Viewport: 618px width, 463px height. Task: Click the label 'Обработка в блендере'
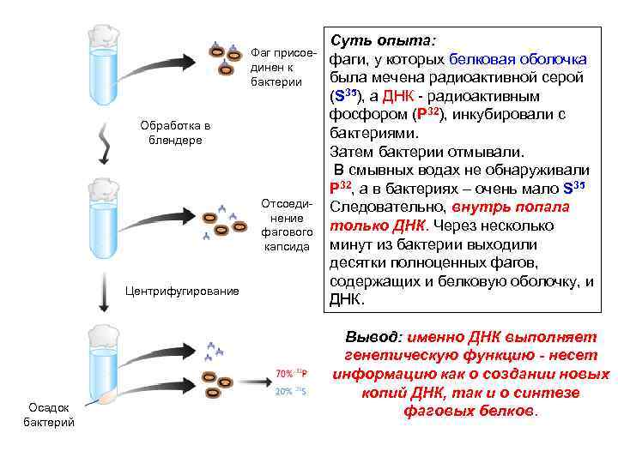175,133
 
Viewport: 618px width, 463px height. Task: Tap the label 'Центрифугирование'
182,292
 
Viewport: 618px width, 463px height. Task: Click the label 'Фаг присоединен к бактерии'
279,67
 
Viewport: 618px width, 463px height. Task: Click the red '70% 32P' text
292,373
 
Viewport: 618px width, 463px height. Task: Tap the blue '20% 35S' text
291,391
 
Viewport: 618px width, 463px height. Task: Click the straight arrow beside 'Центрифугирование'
103,292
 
